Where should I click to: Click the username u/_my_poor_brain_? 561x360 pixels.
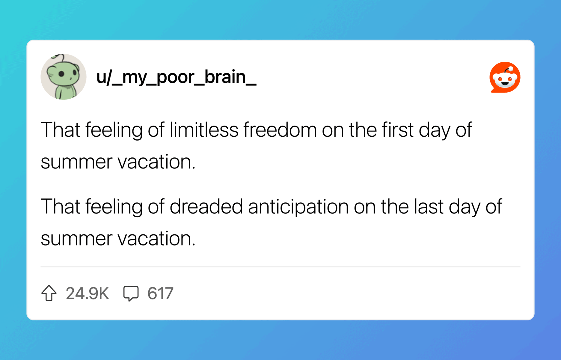[x=176, y=77]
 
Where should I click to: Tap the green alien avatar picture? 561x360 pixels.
[x=64, y=77]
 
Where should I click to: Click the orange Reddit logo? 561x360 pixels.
[x=505, y=77]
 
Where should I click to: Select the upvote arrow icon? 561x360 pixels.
[x=49, y=293]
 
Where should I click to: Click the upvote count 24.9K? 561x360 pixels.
[x=87, y=293]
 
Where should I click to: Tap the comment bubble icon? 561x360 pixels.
[x=131, y=293]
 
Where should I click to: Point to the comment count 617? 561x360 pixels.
[x=160, y=293]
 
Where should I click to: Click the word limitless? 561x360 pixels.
[x=204, y=130]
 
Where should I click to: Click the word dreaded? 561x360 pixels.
[x=206, y=207]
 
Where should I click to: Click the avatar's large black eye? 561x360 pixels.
[x=61, y=74]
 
